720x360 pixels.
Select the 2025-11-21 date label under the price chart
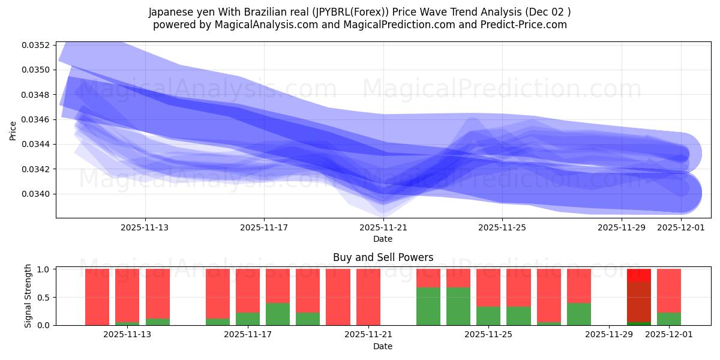383,227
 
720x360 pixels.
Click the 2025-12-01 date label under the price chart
680,227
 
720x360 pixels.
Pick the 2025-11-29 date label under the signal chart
608,335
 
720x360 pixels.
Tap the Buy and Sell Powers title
383,257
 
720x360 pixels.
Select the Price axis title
13,130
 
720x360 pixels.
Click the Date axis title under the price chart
383,239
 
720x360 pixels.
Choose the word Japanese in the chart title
170,11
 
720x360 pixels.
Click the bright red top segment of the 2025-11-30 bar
639,275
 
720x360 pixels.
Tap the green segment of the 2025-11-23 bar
428,306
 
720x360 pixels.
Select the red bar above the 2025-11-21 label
368,297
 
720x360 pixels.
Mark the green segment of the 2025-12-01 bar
669,319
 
